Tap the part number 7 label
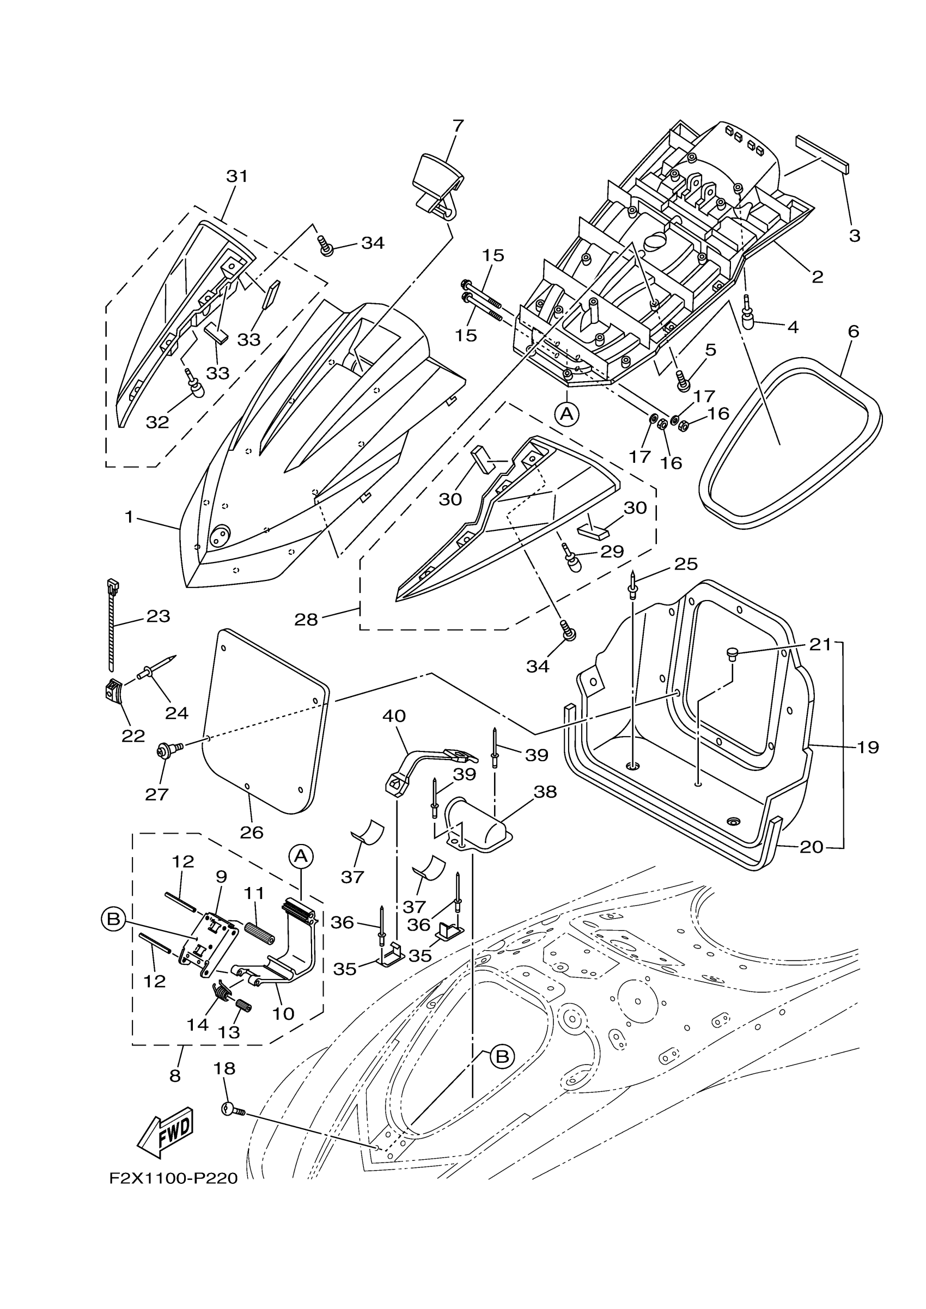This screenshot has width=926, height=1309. tap(458, 125)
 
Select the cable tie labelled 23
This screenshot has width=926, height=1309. tap(112, 625)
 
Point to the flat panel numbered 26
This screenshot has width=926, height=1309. tap(265, 721)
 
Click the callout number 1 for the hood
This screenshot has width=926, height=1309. tap(130, 517)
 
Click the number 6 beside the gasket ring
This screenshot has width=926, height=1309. tap(854, 331)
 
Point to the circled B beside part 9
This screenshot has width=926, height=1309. tap(113, 919)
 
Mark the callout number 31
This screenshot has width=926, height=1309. tap(237, 176)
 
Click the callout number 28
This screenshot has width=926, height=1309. tap(306, 619)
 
